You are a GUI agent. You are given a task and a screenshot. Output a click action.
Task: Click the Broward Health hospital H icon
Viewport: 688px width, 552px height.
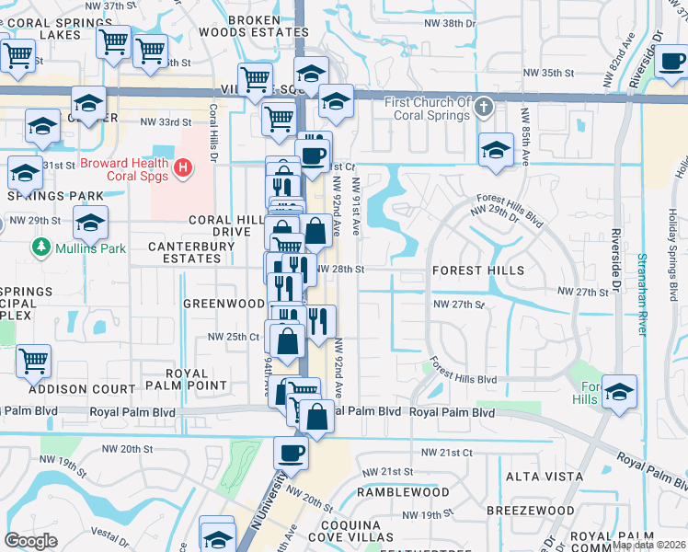(183, 167)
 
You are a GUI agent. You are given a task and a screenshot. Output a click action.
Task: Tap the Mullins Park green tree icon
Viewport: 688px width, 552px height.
(40, 247)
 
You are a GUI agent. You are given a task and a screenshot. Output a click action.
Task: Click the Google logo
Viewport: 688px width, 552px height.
(30, 541)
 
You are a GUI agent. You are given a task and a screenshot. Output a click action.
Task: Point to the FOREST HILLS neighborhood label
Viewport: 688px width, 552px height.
(478, 270)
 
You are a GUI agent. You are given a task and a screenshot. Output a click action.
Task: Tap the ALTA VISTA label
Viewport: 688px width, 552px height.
(545, 477)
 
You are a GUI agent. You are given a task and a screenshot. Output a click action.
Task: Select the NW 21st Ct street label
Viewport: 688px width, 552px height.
(446, 453)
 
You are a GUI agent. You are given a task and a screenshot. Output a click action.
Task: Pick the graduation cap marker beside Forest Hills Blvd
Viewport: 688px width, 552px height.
(619, 390)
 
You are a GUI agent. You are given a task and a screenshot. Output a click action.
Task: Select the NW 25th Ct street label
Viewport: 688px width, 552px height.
(234, 336)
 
